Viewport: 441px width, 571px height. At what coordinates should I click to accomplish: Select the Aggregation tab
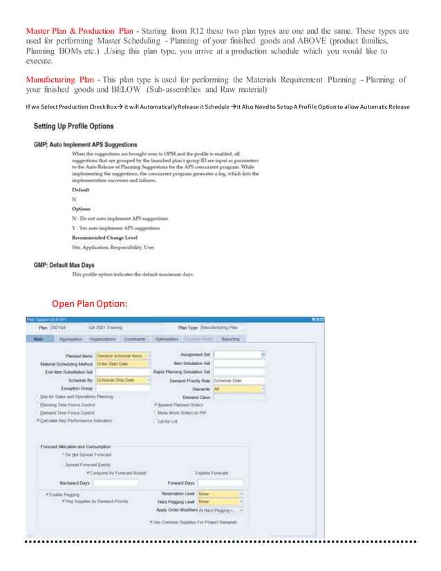click(72, 339)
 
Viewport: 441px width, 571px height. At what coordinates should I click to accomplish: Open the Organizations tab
click(103, 339)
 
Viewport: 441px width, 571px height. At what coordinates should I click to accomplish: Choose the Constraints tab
click(134, 339)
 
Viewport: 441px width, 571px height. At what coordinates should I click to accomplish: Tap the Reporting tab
click(230, 339)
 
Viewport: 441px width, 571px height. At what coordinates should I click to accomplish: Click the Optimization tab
click(167, 339)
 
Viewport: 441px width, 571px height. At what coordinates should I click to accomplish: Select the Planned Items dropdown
click(123, 355)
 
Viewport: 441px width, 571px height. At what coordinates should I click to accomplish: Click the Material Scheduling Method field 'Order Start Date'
click(122, 364)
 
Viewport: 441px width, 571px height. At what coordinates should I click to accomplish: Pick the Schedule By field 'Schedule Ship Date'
click(122, 380)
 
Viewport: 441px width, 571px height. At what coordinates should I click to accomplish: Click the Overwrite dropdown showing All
click(238, 389)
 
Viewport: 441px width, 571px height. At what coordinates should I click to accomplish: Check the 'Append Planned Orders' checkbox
click(156, 404)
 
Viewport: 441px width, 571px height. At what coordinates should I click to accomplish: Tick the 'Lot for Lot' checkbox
click(156, 421)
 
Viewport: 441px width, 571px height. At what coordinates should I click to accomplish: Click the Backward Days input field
click(115, 483)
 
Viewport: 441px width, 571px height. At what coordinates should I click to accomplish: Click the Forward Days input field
click(220, 483)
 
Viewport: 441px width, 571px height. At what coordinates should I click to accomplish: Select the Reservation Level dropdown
click(220, 494)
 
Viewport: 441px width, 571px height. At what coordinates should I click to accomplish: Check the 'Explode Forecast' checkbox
click(193, 473)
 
